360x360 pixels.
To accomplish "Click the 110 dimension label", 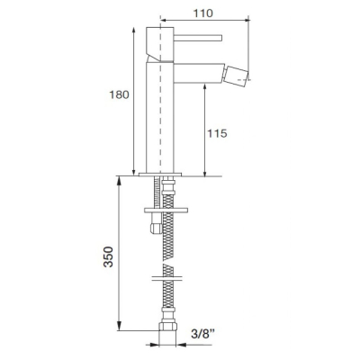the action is point(202,13).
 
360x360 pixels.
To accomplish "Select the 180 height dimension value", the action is point(119,94).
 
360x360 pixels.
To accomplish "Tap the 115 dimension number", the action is point(217,133).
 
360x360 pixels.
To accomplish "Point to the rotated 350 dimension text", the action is point(108,256).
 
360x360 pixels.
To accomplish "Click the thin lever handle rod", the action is point(198,38).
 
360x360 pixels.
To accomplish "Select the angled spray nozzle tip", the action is point(238,74).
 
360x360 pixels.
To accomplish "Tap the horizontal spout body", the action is point(199,73).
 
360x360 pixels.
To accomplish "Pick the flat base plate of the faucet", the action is point(160,175).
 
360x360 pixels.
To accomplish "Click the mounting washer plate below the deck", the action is point(166,210).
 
